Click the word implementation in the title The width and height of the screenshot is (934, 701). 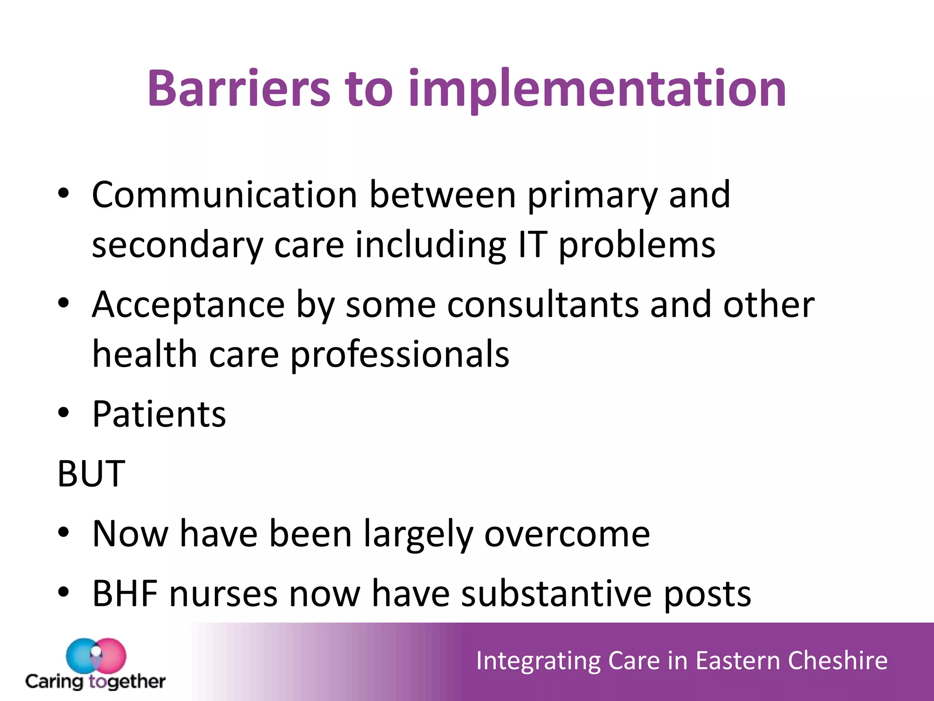coord(597,89)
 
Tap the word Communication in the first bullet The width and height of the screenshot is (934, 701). coord(224,195)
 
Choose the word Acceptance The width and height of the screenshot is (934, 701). coord(188,305)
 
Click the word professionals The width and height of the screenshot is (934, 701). coord(400,356)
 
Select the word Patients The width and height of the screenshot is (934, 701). coord(159,414)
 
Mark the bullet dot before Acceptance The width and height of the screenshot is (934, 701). coord(63,303)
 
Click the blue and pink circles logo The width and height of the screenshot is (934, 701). coord(96,655)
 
